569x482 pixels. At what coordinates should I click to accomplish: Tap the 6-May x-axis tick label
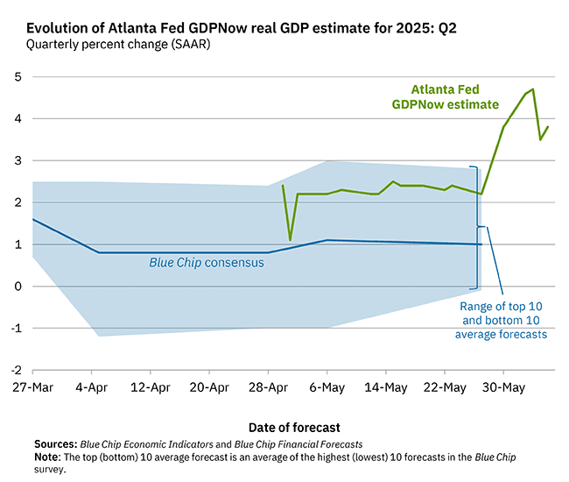[326, 387]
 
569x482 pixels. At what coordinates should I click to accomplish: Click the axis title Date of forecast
[295, 427]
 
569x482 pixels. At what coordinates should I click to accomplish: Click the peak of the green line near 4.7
[533, 89]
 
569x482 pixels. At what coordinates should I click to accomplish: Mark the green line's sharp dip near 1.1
[291, 239]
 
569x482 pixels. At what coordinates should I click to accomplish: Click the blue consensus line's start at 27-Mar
[33, 219]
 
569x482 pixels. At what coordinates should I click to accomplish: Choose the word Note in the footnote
[47, 457]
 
